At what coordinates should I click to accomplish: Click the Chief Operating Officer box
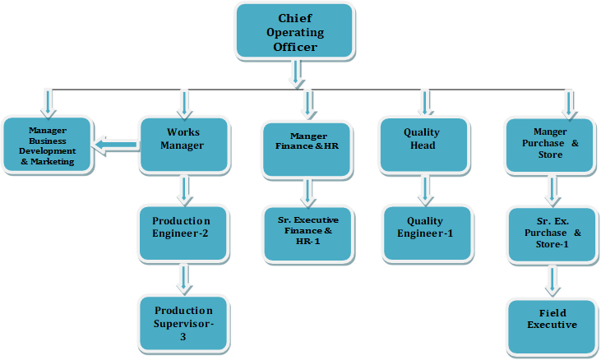coord(295,34)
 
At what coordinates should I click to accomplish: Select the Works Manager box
coord(183,145)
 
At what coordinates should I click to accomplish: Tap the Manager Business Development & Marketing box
coord(46,145)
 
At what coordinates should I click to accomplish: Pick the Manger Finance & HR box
coord(307,147)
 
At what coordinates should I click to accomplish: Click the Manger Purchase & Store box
coord(549,145)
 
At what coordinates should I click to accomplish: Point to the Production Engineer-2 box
coord(182,233)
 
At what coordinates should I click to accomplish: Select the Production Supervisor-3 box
coord(182,323)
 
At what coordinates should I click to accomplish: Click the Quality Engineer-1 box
coord(426,233)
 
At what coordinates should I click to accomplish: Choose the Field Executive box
coord(552,324)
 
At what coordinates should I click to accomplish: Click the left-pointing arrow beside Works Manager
coord(116,146)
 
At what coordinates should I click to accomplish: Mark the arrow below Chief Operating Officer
coord(296,76)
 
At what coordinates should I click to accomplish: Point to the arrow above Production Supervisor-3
coord(183,277)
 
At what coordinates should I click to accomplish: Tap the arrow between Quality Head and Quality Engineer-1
coord(425,189)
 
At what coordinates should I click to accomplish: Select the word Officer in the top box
coord(295,48)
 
